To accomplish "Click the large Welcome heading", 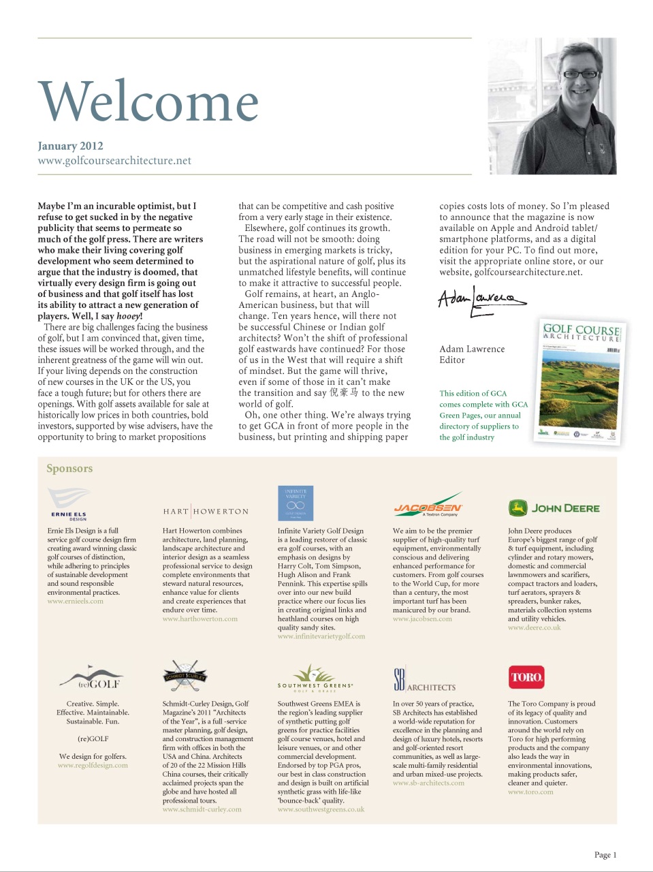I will click(x=148, y=102).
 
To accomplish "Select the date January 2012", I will click(x=70, y=146).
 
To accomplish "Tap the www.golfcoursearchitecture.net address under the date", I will click(x=114, y=161).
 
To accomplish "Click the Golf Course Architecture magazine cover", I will click(x=579, y=382).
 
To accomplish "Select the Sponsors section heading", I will click(x=69, y=469).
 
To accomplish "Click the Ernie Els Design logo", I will click(x=69, y=503).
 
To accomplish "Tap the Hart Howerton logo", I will click(x=206, y=512).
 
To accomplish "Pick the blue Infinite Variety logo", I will click(x=296, y=503).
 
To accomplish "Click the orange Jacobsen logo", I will click(x=428, y=506).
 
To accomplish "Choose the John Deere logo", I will click(x=554, y=508).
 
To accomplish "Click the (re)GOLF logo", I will click(x=91, y=679).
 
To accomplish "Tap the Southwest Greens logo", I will click(x=315, y=679).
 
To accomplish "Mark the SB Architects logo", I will click(x=424, y=681).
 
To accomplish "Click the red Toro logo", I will click(x=526, y=677).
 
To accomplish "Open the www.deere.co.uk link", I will click(x=535, y=627).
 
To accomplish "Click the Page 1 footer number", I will click(x=605, y=855).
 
